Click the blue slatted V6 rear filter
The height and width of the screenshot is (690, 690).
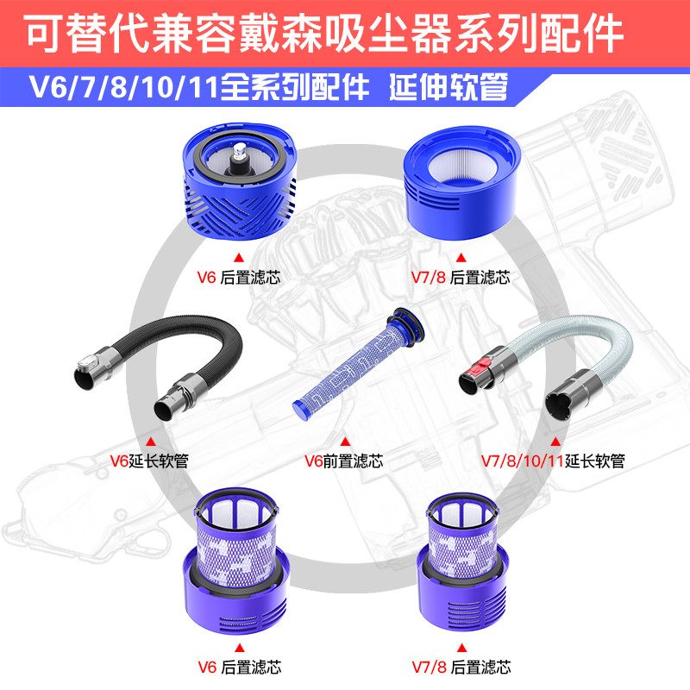[x=239, y=184]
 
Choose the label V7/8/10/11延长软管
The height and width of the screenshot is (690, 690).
[x=552, y=461]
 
